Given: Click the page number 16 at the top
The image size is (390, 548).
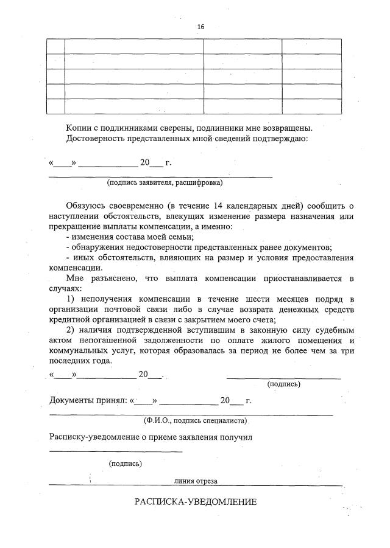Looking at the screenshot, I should (x=200, y=27).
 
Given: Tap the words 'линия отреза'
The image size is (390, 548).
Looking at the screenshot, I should (x=196, y=481).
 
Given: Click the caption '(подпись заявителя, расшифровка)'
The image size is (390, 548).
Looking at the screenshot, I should (x=165, y=182).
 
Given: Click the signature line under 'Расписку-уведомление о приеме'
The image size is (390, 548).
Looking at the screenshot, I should (x=116, y=451).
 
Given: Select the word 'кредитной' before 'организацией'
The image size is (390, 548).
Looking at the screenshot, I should (x=69, y=319).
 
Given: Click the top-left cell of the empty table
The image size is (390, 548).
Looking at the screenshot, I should (x=56, y=46).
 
